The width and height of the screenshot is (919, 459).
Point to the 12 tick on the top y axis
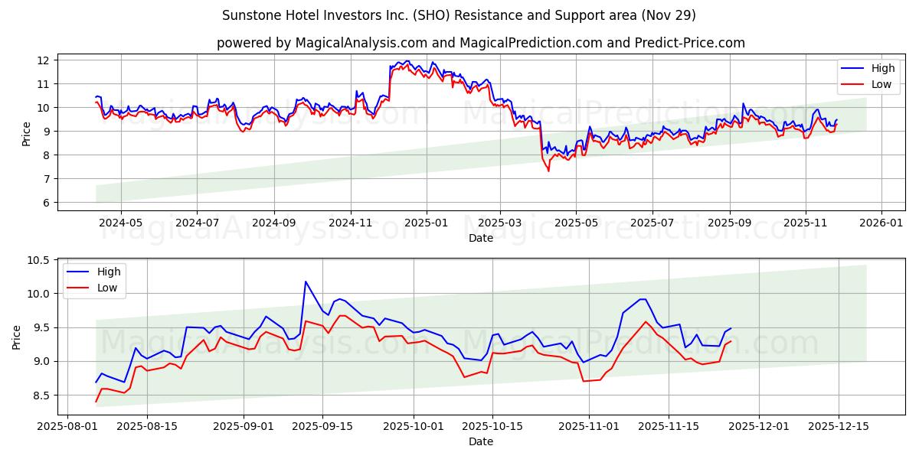click(43, 60)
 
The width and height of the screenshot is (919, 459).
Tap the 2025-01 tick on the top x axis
click(426, 223)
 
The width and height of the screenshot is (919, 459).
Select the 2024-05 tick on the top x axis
click(121, 223)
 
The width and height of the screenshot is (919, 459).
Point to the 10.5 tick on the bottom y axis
click(38, 260)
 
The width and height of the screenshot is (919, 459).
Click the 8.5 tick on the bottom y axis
click(40, 396)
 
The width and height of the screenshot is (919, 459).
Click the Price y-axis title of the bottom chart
click(16, 337)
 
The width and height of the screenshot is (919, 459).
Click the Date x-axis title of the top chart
click(481, 238)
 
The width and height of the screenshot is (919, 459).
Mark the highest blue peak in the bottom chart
click(306, 282)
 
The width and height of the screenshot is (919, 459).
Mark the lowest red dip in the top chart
click(548, 171)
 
